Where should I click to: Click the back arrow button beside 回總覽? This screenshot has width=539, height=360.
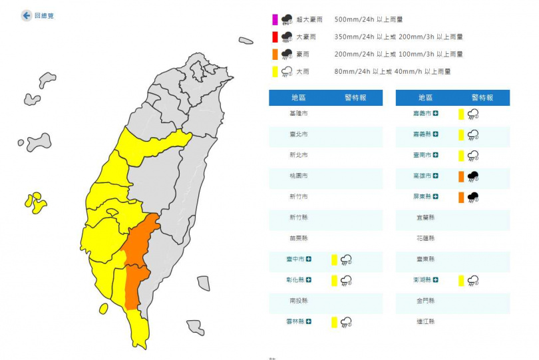(26, 15)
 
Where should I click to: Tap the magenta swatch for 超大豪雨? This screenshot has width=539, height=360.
(274, 19)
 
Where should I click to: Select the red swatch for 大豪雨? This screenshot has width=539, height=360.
(274, 37)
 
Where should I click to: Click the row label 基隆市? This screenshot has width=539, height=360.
(299, 114)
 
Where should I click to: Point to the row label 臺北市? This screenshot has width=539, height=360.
(299, 134)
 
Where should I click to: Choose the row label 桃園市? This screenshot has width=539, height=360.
(299, 176)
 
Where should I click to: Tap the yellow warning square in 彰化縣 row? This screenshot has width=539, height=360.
(334, 280)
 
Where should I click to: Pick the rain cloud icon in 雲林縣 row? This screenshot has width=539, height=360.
(346, 322)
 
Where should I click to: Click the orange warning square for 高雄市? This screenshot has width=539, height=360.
(460, 176)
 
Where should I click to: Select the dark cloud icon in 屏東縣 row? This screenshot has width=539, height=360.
(474, 197)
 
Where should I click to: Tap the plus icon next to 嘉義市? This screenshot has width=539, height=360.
(436, 114)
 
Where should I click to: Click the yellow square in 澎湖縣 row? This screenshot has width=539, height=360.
(460, 280)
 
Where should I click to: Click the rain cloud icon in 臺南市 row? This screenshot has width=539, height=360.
(473, 156)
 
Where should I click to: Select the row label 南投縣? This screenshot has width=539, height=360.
(299, 301)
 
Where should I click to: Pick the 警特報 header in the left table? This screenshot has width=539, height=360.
(355, 98)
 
